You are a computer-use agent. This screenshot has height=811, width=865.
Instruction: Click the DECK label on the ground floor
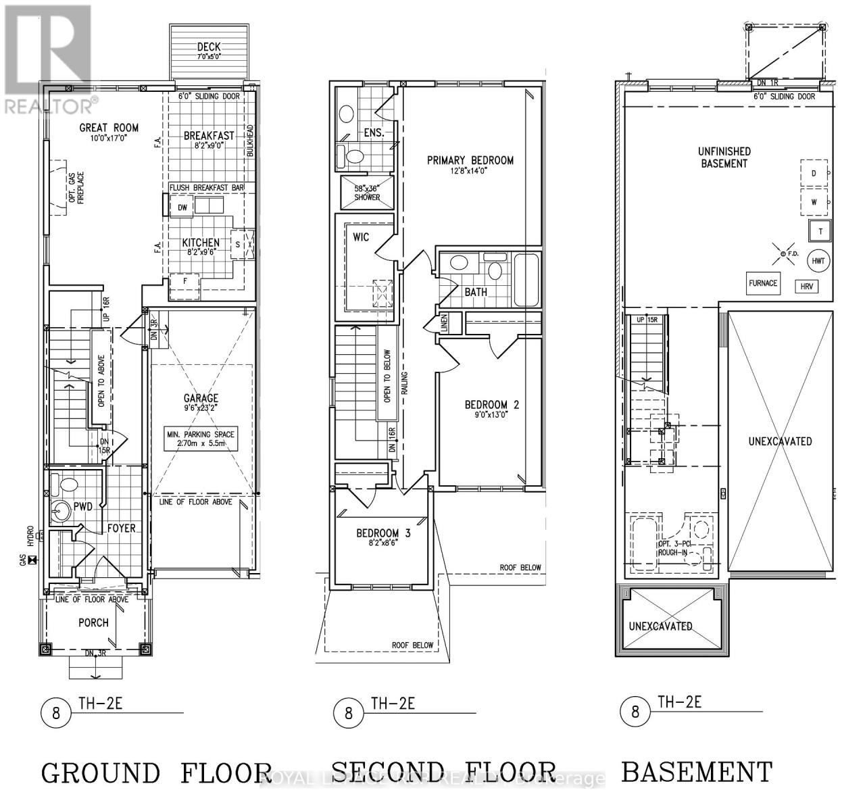[x=209, y=47]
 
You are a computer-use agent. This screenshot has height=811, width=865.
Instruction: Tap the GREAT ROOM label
[x=109, y=128]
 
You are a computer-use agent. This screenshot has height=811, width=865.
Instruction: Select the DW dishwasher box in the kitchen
[x=182, y=207]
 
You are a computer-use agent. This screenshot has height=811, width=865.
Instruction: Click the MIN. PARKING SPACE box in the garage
[x=201, y=439]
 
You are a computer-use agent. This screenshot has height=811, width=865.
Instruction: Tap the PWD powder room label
[x=83, y=506]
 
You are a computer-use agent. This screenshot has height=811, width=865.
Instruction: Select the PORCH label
[x=93, y=622]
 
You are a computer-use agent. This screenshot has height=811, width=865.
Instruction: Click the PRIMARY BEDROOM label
[x=470, y=160]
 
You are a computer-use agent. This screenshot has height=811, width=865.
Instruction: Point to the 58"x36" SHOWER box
[x=367, y=193]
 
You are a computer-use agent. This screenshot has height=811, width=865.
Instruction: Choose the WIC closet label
[x=362, y=237]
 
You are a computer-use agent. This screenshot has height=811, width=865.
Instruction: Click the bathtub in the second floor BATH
[x=526, y=278]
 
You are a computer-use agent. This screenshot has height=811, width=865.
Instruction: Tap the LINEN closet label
[x=444, y=322]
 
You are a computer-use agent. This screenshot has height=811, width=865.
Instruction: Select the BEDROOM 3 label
[x=384, y=533]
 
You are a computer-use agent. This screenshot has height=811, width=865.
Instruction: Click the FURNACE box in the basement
[x=762, y=283]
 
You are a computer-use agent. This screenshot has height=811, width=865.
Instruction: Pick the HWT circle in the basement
[x=818, y=261]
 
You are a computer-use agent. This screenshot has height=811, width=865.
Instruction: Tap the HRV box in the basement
[x=806, y=287]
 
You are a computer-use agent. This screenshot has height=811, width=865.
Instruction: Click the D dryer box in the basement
[x=814, y=174]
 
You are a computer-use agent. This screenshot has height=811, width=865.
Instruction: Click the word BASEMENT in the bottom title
[x=696, y=772]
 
